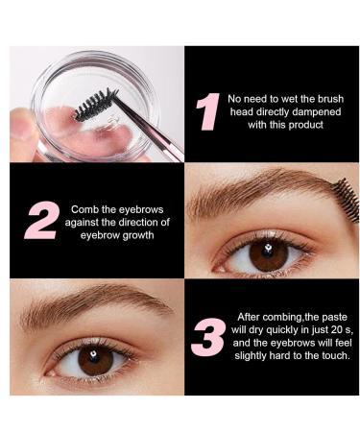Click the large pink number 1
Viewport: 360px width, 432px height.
pos(206,112)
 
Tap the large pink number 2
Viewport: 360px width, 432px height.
pos(41,220)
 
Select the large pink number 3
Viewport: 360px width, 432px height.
pos(208,336)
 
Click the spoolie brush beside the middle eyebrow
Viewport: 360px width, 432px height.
pos(345,199)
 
